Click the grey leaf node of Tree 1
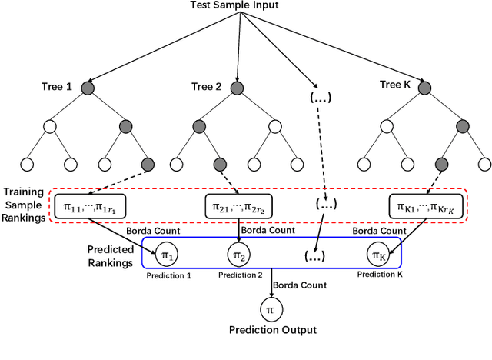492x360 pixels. coord(148,164)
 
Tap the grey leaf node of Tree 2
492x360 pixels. coord(220,164)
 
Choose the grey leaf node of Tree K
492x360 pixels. coord(442,164)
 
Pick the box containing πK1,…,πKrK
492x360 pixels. coord(422,206)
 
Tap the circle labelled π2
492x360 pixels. coord(239,253)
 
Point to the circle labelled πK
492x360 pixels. coord(378,253)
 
